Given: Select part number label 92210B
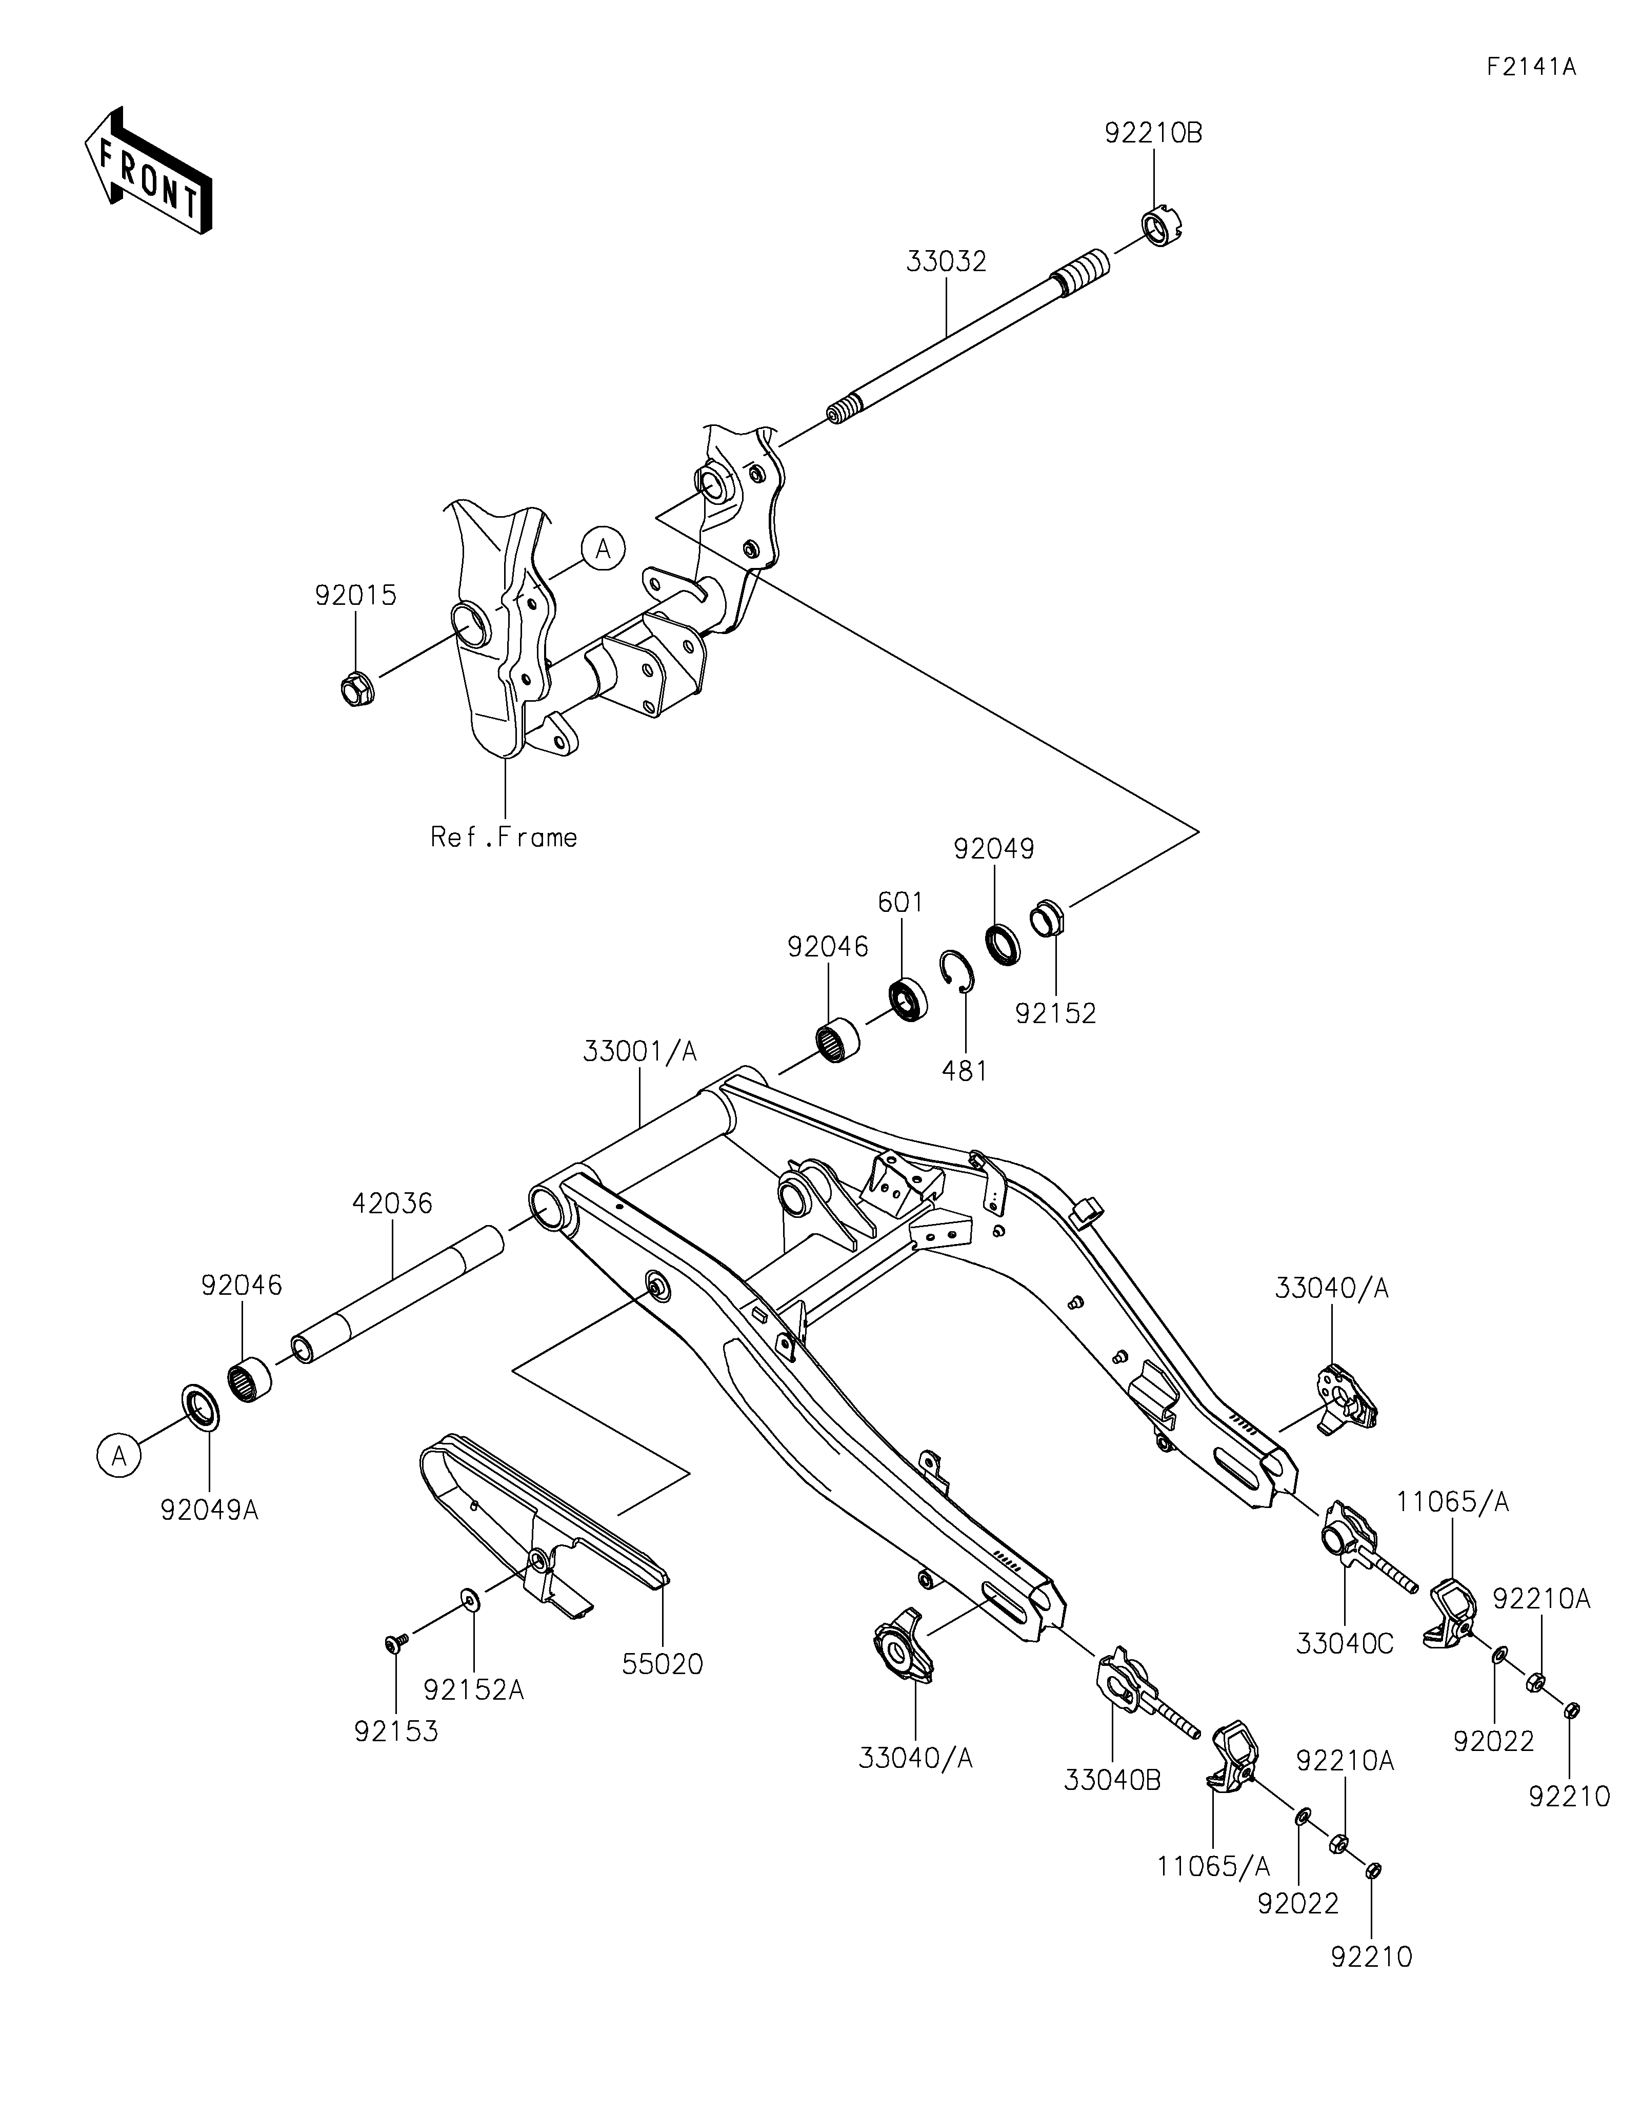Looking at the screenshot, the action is [1153, 134].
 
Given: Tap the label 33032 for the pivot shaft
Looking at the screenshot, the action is [946, 262].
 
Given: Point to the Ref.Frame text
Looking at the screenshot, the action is [504, 838].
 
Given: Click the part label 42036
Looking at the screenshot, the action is [392, 1203].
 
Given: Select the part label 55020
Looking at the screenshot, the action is [662, 1664].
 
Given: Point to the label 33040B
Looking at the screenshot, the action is [1112, 1780].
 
